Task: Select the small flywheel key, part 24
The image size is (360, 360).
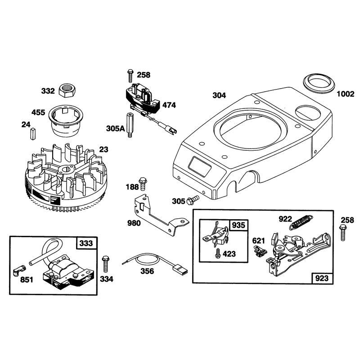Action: pyautogui.click(x=32, y=134)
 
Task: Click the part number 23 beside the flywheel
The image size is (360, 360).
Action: pyautogui.click(x=103, y=149)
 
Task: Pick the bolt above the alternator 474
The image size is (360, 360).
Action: pyautogui.click(x=130, y=76)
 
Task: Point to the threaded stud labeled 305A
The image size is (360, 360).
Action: pyautogui.click(x=130, y=125)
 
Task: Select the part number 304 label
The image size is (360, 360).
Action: pyautogui.click(x=219, y=95)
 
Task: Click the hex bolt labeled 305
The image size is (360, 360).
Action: pyautogui.click(x=193, y=200)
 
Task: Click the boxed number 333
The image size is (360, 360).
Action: pyautogui.click(x=86, y=243)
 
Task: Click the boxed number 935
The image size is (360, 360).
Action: pyautogui.click(x=238, y=225)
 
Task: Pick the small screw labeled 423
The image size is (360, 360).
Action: pyautogui.click(x=217, y=253)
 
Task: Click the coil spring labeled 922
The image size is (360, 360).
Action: pyautogui.click(x=301, y=222)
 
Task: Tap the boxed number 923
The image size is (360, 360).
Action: pyautogui.click(x=322, y=278)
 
